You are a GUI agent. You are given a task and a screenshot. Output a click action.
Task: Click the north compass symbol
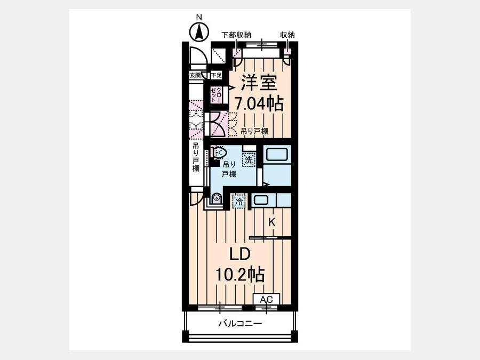(x=199, y=31)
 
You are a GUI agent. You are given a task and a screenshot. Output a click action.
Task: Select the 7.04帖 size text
(x=259, y=103)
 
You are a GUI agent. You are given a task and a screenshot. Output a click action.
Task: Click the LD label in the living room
(x=241, y=254)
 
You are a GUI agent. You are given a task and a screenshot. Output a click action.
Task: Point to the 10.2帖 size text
(x=240, y=274)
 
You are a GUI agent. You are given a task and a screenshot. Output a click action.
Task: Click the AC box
(x=266, y=299)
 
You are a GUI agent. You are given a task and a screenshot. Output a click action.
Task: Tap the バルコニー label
(x=240, y=324)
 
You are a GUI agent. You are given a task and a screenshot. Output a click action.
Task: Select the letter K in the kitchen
(x=272, y=222)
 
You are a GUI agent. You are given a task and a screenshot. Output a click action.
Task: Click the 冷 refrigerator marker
(x=239, y=202)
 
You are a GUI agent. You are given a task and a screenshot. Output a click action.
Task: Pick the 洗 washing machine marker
(x=249, y=160)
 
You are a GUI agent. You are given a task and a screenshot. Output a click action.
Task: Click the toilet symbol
(x=219, y=152)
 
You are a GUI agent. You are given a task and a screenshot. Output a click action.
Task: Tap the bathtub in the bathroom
(x=277, y=154)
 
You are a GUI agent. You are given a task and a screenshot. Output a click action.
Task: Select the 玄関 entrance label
(x=195, y=75)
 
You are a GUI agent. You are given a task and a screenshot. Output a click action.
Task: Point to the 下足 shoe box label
(x=216, y=75)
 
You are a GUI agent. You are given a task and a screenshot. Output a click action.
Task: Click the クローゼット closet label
(x=216, y=95)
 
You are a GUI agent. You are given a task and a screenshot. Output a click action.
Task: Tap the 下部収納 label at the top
(x=236, y=35)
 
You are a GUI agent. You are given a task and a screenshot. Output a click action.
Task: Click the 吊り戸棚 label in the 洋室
(x=254, y=131)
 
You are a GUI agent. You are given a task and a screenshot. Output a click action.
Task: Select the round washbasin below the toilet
(x=217, y=198)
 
